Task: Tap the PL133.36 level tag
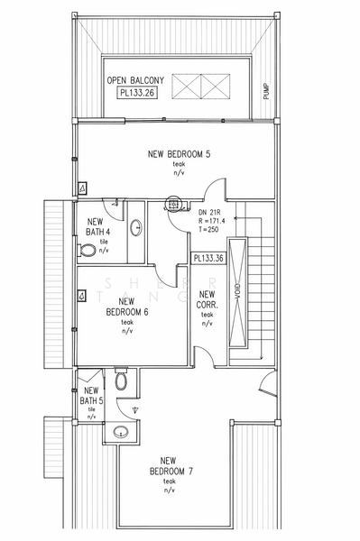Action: (x=208, y=258)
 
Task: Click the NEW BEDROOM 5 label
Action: (x=179, y=155)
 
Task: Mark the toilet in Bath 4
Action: (x=88, y=249)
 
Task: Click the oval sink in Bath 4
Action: (x=136, y=227)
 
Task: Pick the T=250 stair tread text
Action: (x=209, y=230)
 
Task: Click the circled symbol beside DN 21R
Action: (x=175, y=206)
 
